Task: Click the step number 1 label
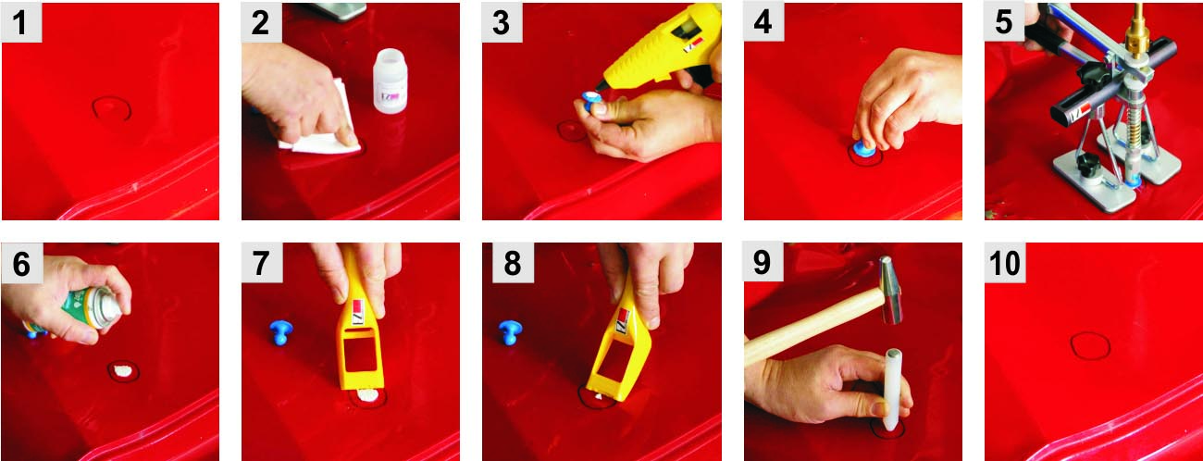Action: tap(21, 22)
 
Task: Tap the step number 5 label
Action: tap(1004, 22)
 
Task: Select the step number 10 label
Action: tap(1005, 263)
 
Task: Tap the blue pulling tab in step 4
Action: tap(863, 146)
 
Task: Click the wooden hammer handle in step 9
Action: tap(812, 327)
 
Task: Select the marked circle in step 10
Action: tap(1090, 346)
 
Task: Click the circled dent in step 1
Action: tap(111, 108)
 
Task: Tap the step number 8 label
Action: tap(512, 263)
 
